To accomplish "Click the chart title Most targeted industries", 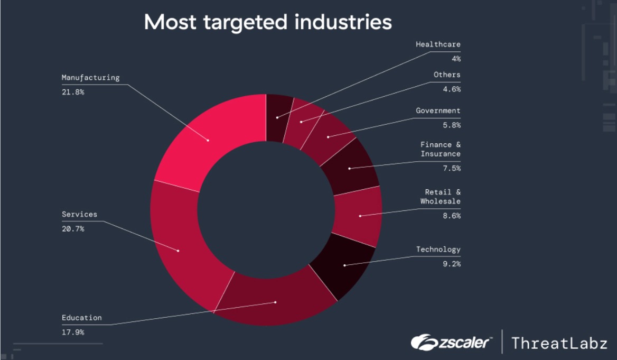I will (268, 23).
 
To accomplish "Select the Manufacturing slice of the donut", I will (208, 140).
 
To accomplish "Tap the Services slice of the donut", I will (178, 250).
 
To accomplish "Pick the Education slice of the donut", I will (275, 302).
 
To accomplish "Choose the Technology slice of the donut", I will (344, 265).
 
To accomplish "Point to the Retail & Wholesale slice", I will (359, 215).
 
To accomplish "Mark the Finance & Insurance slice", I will (349, 168).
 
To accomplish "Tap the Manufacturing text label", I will (90, 78).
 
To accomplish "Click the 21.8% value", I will (73, 92).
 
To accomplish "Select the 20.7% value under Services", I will (73, 229).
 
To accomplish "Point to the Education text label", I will (81, 318).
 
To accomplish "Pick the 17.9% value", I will (73, 333).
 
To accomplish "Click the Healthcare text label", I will (438, 44).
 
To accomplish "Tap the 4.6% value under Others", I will (452, 89).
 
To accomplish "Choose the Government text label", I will (438, 111).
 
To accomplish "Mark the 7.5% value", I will (452, 168).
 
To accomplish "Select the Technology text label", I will (438, 250).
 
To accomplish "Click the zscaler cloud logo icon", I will (422, 343).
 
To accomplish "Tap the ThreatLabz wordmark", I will (559, 343).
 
